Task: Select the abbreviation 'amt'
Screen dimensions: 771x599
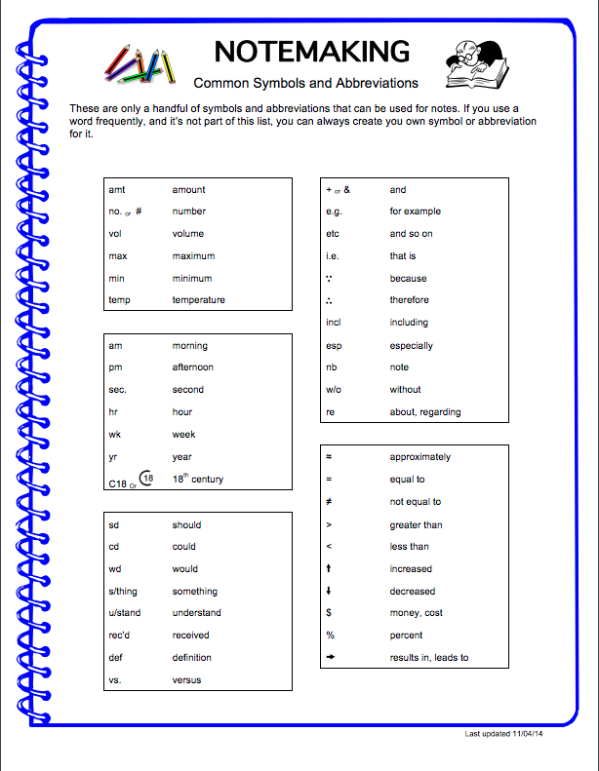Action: click(x=117, y=189)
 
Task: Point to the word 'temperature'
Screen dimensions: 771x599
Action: click(x=198, y=300)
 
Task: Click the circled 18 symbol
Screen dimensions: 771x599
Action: click(x=146, y=478)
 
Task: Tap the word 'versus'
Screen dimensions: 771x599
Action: click(x=186, y=680)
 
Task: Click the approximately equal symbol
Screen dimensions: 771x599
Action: click(x=329, y=457)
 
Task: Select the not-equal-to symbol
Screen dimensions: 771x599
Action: click(x=329, y=502)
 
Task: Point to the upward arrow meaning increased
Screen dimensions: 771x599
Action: click(x=329, y=569)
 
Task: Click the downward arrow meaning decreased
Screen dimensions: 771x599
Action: click(x=329, y=592)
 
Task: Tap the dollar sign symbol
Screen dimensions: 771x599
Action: click(x=329, y=613)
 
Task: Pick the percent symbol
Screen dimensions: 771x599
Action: click(x=330, y=636)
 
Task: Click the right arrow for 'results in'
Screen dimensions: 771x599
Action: click(x=331, y=658)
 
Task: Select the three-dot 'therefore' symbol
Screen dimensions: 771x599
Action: click(x=330, y=300)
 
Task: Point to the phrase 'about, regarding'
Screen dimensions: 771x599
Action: click(x=425, y=412)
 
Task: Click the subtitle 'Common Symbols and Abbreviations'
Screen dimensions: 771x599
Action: click(x=306, y=84)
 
